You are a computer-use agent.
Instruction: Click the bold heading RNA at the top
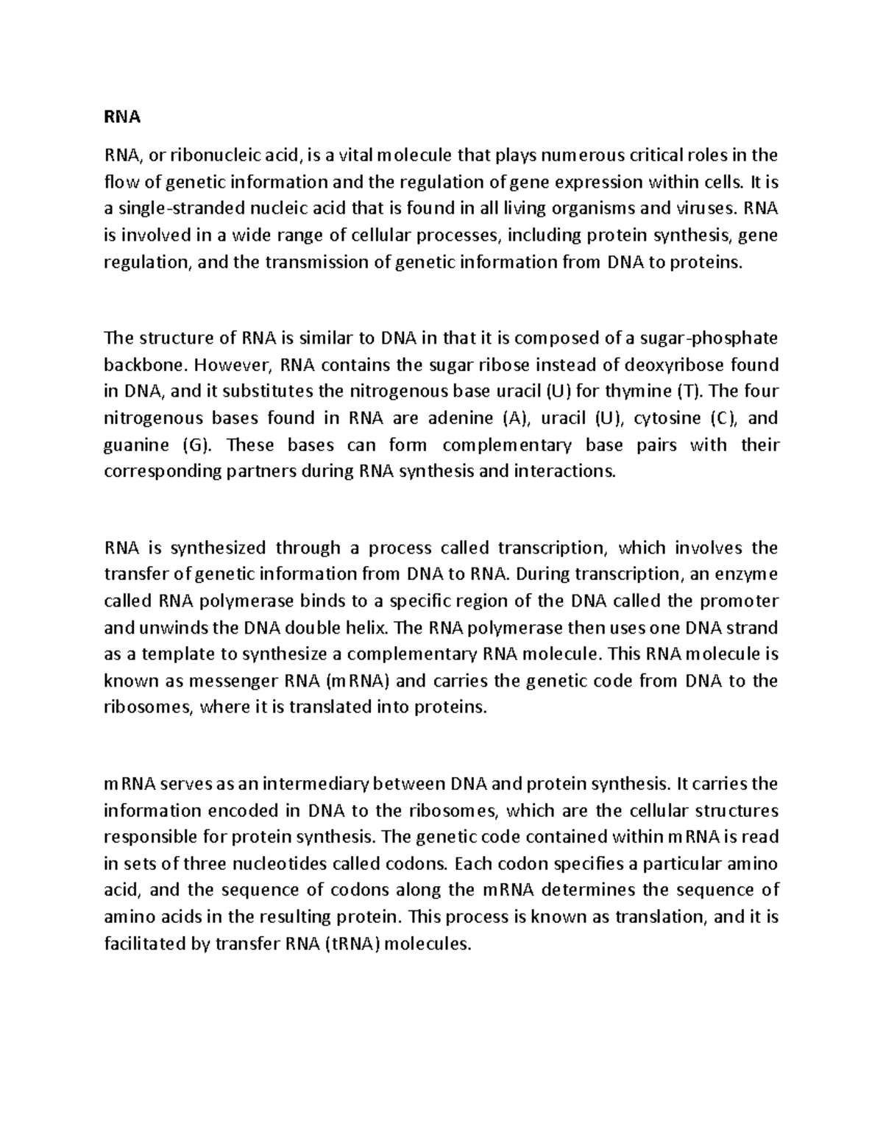coord(122,116)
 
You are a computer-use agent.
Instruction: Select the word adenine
coord(459,418)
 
